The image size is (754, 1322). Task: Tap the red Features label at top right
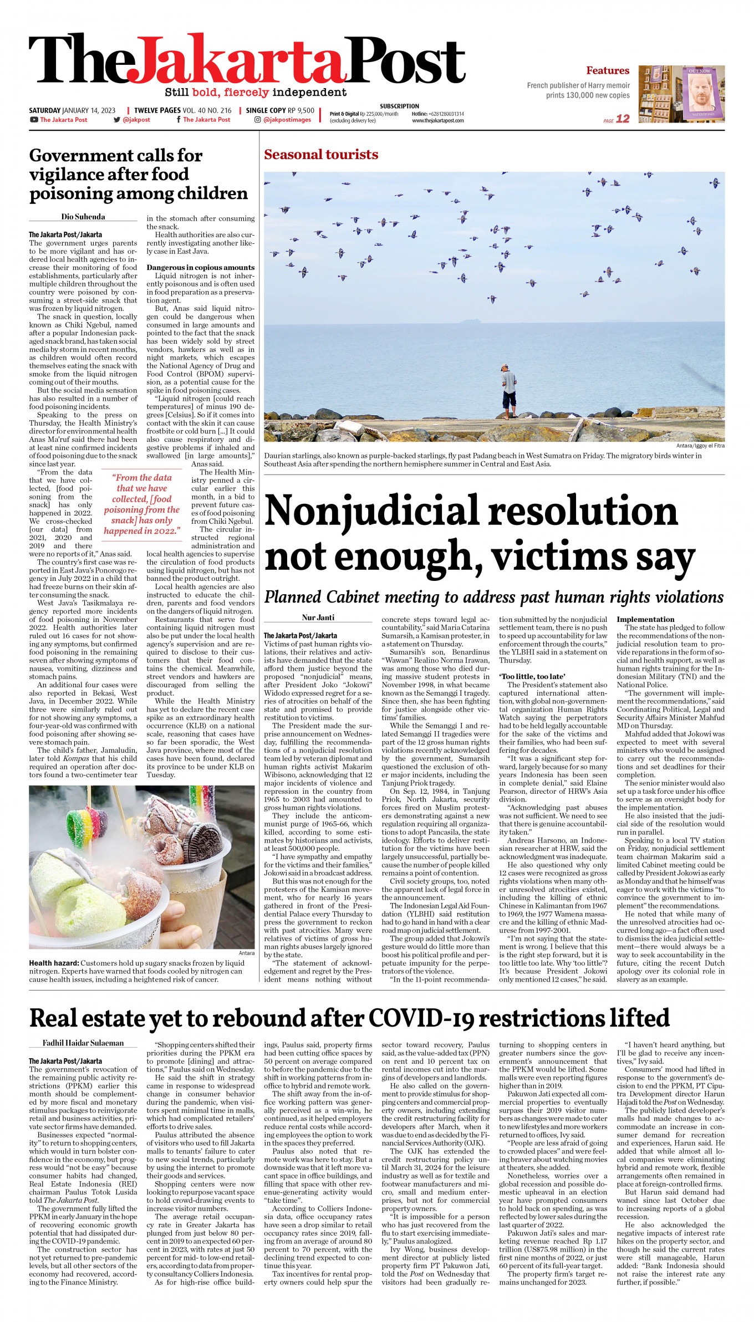[608, 70]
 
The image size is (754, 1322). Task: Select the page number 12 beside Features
[623, 119]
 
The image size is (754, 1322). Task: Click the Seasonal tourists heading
[321, 155]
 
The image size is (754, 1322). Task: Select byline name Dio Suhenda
[83, 217]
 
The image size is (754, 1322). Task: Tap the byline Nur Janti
[318, 617]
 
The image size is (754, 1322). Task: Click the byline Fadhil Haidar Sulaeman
[83, 1043]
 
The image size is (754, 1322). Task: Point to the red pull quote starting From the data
[142, 504]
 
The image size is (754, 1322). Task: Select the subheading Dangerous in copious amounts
[200, 267]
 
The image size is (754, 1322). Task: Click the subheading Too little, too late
[532, 676]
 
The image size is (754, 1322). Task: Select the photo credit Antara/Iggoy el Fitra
[700, 446]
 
